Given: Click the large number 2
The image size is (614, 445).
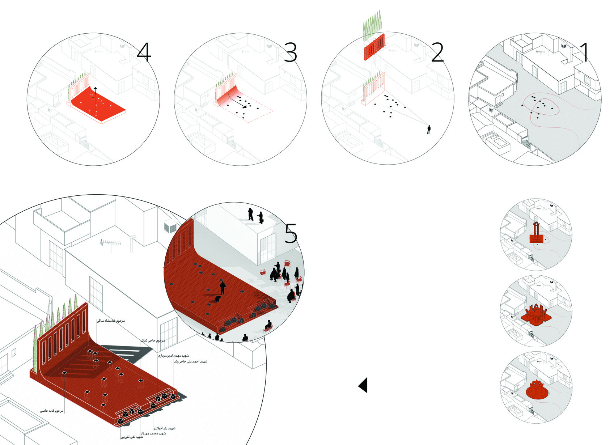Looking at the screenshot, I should pos(437,53).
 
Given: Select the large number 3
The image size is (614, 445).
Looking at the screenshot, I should pos(291,53).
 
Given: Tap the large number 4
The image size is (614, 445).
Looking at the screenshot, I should pos(144,53).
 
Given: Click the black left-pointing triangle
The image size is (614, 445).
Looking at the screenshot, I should pos(363,385).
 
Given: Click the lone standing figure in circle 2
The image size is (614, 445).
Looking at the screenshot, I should pos(429,129).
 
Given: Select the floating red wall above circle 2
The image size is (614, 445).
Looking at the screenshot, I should pos(374,47).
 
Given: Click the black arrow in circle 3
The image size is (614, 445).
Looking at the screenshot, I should pos(239,102).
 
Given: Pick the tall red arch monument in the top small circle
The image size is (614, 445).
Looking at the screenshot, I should pos(537,233).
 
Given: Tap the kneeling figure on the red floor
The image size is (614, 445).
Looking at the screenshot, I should pos(218,299).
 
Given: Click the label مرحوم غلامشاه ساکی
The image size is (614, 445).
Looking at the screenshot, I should pos(111,321).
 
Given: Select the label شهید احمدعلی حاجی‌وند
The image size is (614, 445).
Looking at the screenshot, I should pos(191,361).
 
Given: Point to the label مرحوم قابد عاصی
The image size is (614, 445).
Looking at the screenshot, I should pos(52,411).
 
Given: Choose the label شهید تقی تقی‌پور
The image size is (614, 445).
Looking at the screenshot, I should pos(132,437).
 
